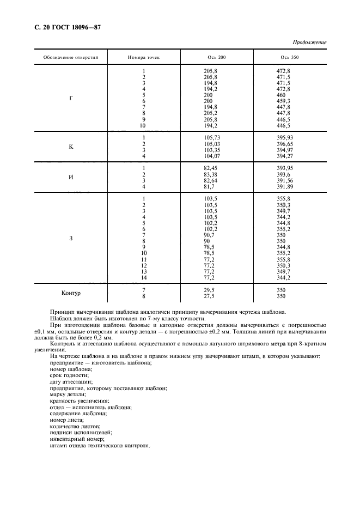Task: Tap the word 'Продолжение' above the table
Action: point(309,42)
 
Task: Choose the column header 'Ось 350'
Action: point(290,57)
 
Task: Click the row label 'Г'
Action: point(71,99)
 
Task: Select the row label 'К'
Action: point(71,147)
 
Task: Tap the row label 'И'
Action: point(71,177)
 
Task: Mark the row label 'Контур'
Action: point(71,293)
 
